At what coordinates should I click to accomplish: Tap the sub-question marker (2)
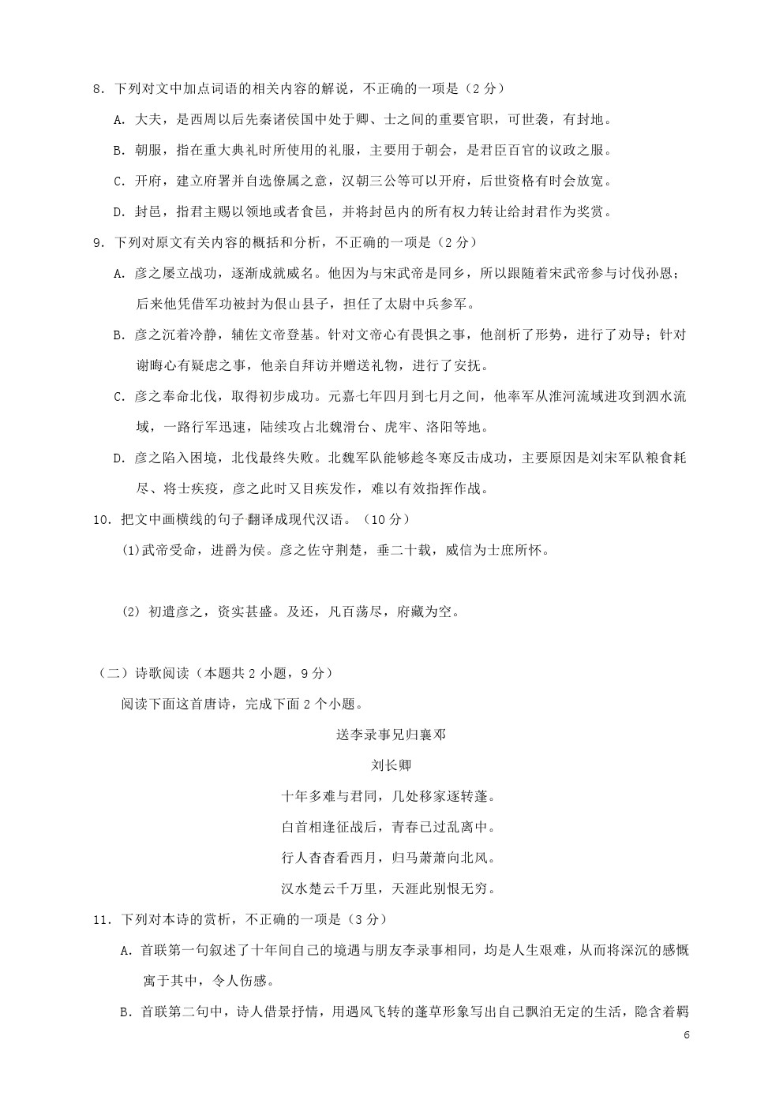tap(131, 612)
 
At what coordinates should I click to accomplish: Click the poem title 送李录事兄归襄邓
tap(391, 735)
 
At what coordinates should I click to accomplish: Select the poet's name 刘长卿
tap(391, 765)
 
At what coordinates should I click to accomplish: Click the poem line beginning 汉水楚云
tap(391, 888)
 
